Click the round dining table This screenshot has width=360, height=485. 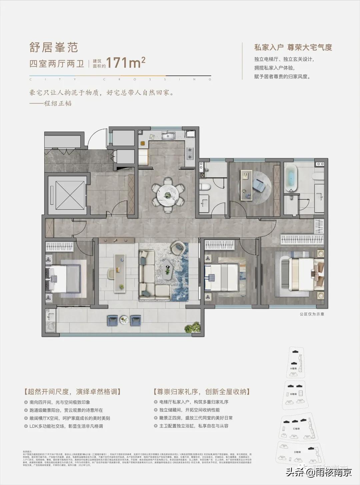click(168, 196)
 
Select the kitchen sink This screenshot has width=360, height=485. click(169, 135)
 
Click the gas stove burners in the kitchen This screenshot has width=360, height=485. click(190, 153)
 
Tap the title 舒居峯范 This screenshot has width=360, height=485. click(54, 47)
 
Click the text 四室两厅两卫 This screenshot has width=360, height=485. click(57, 64)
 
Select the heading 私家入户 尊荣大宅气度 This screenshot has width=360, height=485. click(293, 47)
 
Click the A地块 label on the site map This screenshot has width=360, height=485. click(293, 368)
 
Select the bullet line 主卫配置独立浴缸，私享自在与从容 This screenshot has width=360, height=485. click(194, 426)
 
